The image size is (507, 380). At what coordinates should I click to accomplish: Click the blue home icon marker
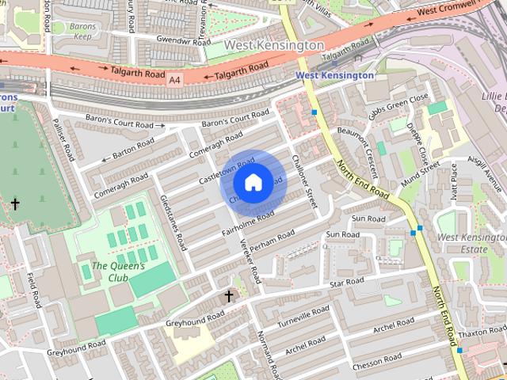253,183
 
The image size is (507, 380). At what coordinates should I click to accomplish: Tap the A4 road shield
175,80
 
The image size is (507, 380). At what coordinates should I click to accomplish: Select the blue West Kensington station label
334,75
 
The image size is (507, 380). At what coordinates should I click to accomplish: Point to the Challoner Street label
303,181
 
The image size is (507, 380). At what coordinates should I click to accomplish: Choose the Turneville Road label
303,317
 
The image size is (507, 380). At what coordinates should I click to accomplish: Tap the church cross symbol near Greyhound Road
229,297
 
